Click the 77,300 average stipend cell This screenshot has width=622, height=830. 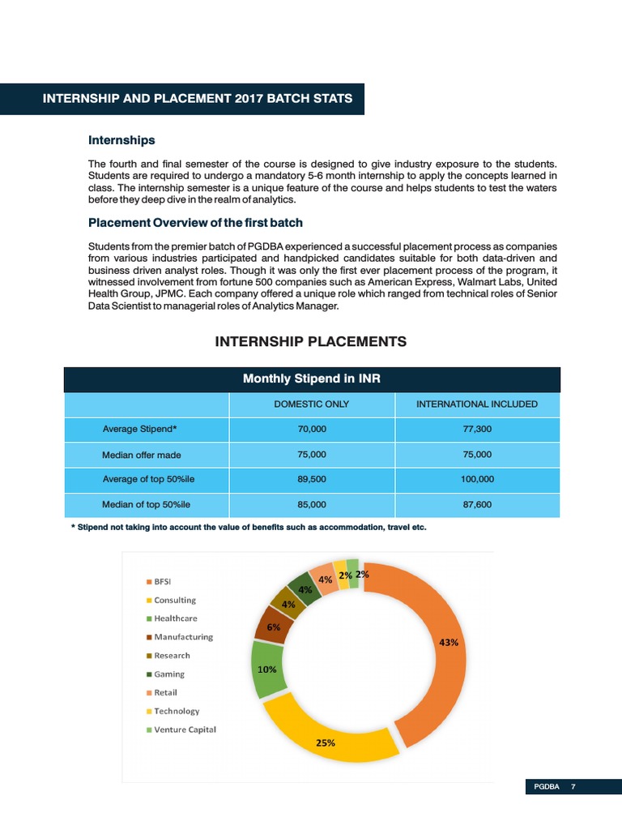[x=477, y=429]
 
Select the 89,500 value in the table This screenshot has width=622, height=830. [x=312, y=479]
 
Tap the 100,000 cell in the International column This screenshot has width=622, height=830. [x=477, y=479]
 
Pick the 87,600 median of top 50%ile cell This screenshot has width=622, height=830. [x=477, y=504]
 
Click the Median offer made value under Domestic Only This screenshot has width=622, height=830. [x=312, y=454]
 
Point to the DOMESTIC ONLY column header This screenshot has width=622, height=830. [x=312, y=404]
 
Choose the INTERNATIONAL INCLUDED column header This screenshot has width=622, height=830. [x=477, y=404]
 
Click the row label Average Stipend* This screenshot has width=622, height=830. [x=140, y=429]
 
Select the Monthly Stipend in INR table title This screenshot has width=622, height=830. [x=312, y=379]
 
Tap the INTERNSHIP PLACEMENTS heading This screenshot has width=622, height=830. [x=311, y=342]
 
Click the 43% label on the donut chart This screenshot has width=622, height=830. [x=448, y=642]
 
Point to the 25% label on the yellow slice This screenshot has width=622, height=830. [x=326, y=742]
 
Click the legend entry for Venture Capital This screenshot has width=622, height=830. [x=185, y=729]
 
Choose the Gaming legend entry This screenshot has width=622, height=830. [x=169, y=674]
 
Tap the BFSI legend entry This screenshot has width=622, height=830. [x=162, y=581]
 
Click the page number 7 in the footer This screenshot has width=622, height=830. [x=573, y=787]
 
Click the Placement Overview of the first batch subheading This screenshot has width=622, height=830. [x=195, y=223]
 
